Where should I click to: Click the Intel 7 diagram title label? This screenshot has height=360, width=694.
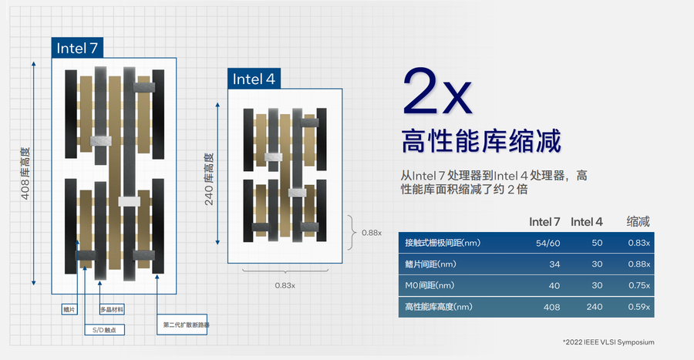(77, 49)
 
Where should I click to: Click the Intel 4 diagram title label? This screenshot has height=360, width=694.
(254, 79)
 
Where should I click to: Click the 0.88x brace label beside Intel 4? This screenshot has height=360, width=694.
(372, 232)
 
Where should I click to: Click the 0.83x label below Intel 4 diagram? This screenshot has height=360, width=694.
(285, 285)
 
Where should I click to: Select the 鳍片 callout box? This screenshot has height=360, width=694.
(69, 310)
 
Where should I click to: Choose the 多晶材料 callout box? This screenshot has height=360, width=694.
(112, 310)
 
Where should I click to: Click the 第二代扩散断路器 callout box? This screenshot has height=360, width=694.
(186, 325)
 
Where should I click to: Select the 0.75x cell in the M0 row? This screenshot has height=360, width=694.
(638, 286)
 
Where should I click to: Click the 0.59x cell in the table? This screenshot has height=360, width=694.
(638, 308)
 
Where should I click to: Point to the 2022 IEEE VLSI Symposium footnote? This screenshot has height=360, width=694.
(609, 341)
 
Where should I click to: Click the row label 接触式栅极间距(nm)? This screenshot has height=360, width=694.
(443, 243)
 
